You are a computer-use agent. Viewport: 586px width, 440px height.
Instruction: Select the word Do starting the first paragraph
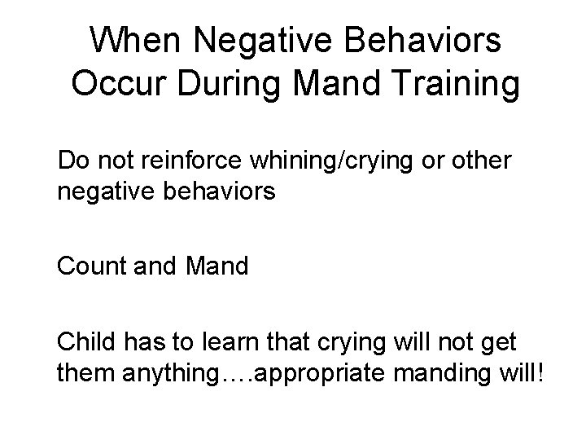tap(72, 161)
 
